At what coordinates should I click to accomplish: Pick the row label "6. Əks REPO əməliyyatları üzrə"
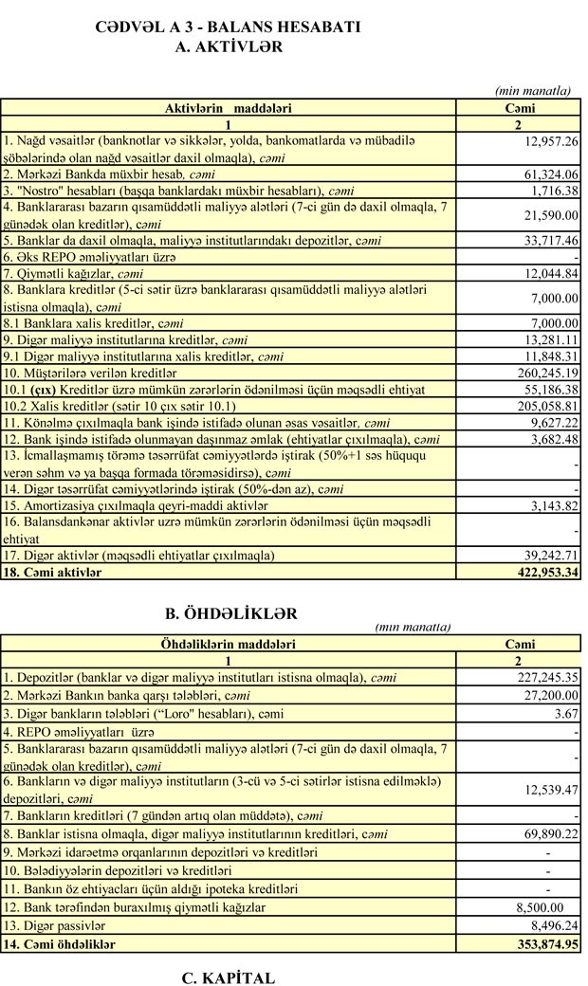click(x=90, y=257)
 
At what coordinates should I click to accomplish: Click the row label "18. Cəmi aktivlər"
click(x=52, y=572)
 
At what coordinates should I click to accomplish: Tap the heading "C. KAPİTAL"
click(x=229, y=977)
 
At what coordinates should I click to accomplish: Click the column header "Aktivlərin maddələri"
click(x=228, y=108)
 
